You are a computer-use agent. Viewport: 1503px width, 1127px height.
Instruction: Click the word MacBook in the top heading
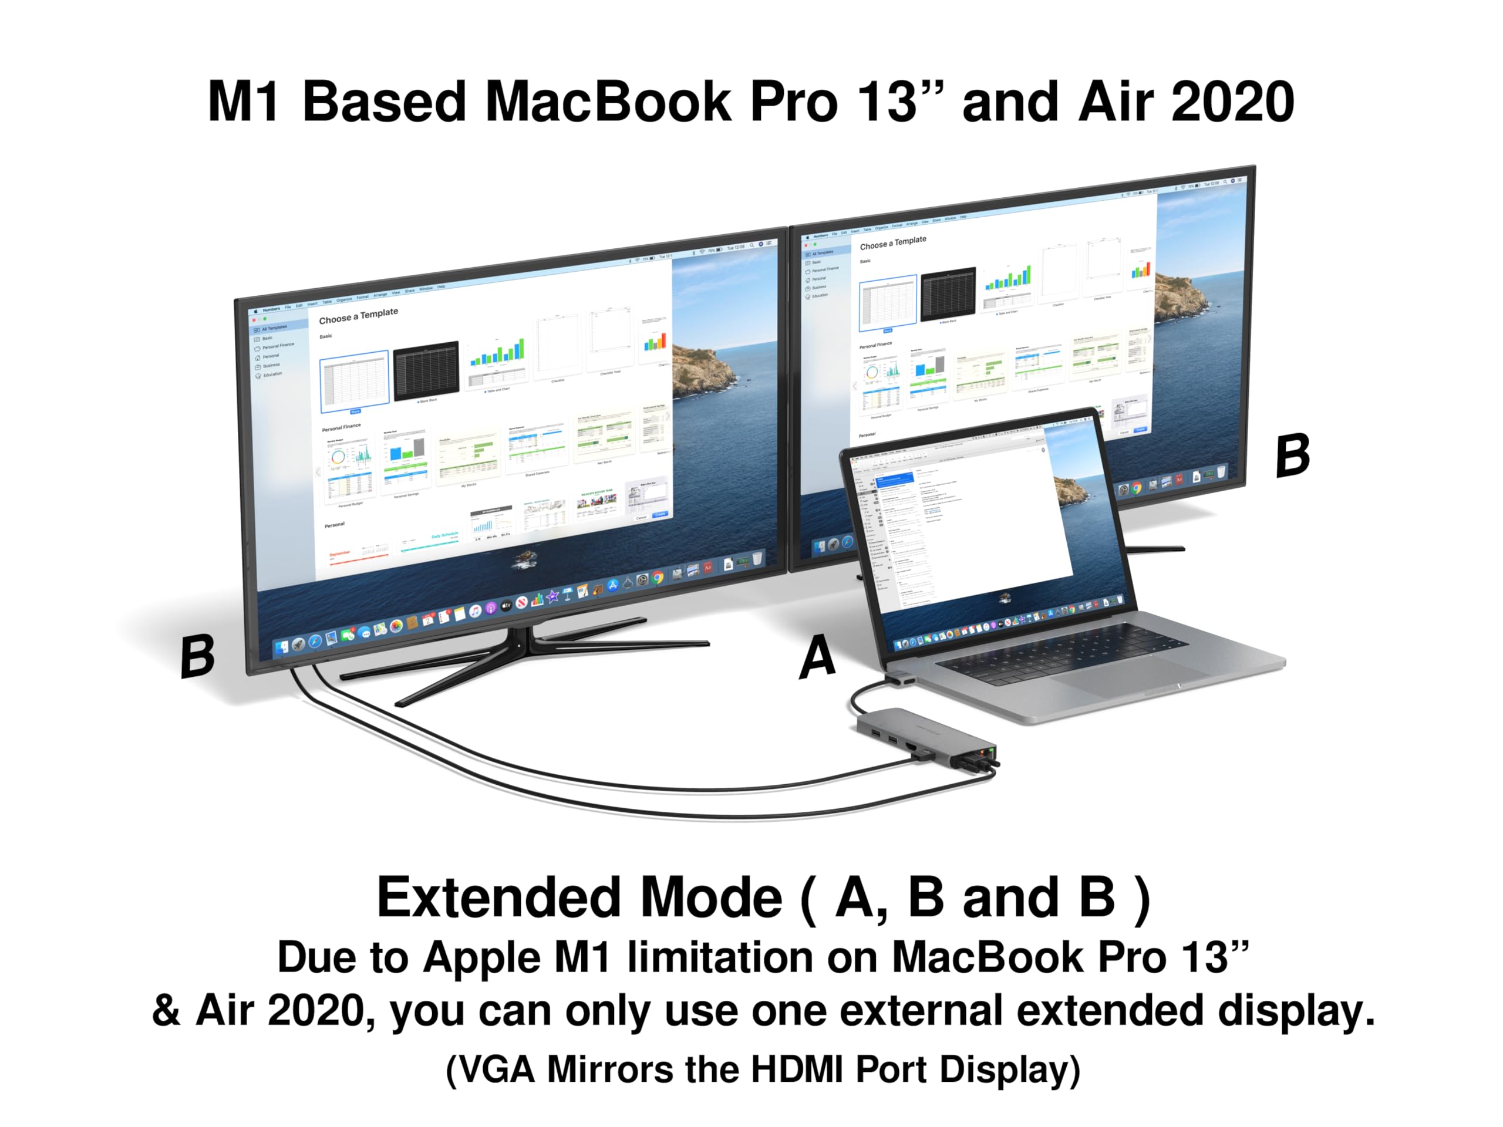(x=608, y=102)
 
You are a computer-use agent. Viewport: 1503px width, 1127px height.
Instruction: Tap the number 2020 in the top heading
(x=1232, y=102)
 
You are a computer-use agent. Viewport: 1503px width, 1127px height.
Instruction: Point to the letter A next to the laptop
(x=817, y=656)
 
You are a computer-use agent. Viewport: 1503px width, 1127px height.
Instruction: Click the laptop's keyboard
(x=1060, y=652)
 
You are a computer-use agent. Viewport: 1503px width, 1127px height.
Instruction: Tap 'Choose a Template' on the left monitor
(x=358, y=316)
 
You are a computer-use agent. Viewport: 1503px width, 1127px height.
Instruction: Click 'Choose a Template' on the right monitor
(x=892, y=242)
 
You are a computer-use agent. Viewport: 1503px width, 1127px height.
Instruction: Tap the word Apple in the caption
(x=483, y=958)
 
